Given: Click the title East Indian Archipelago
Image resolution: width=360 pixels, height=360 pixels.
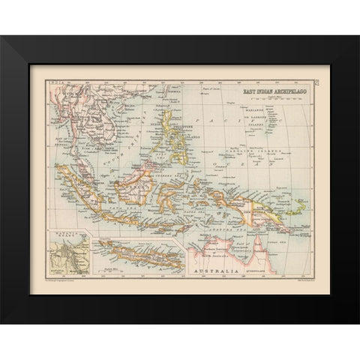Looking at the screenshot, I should pyautogui.click(x=268, y=92).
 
